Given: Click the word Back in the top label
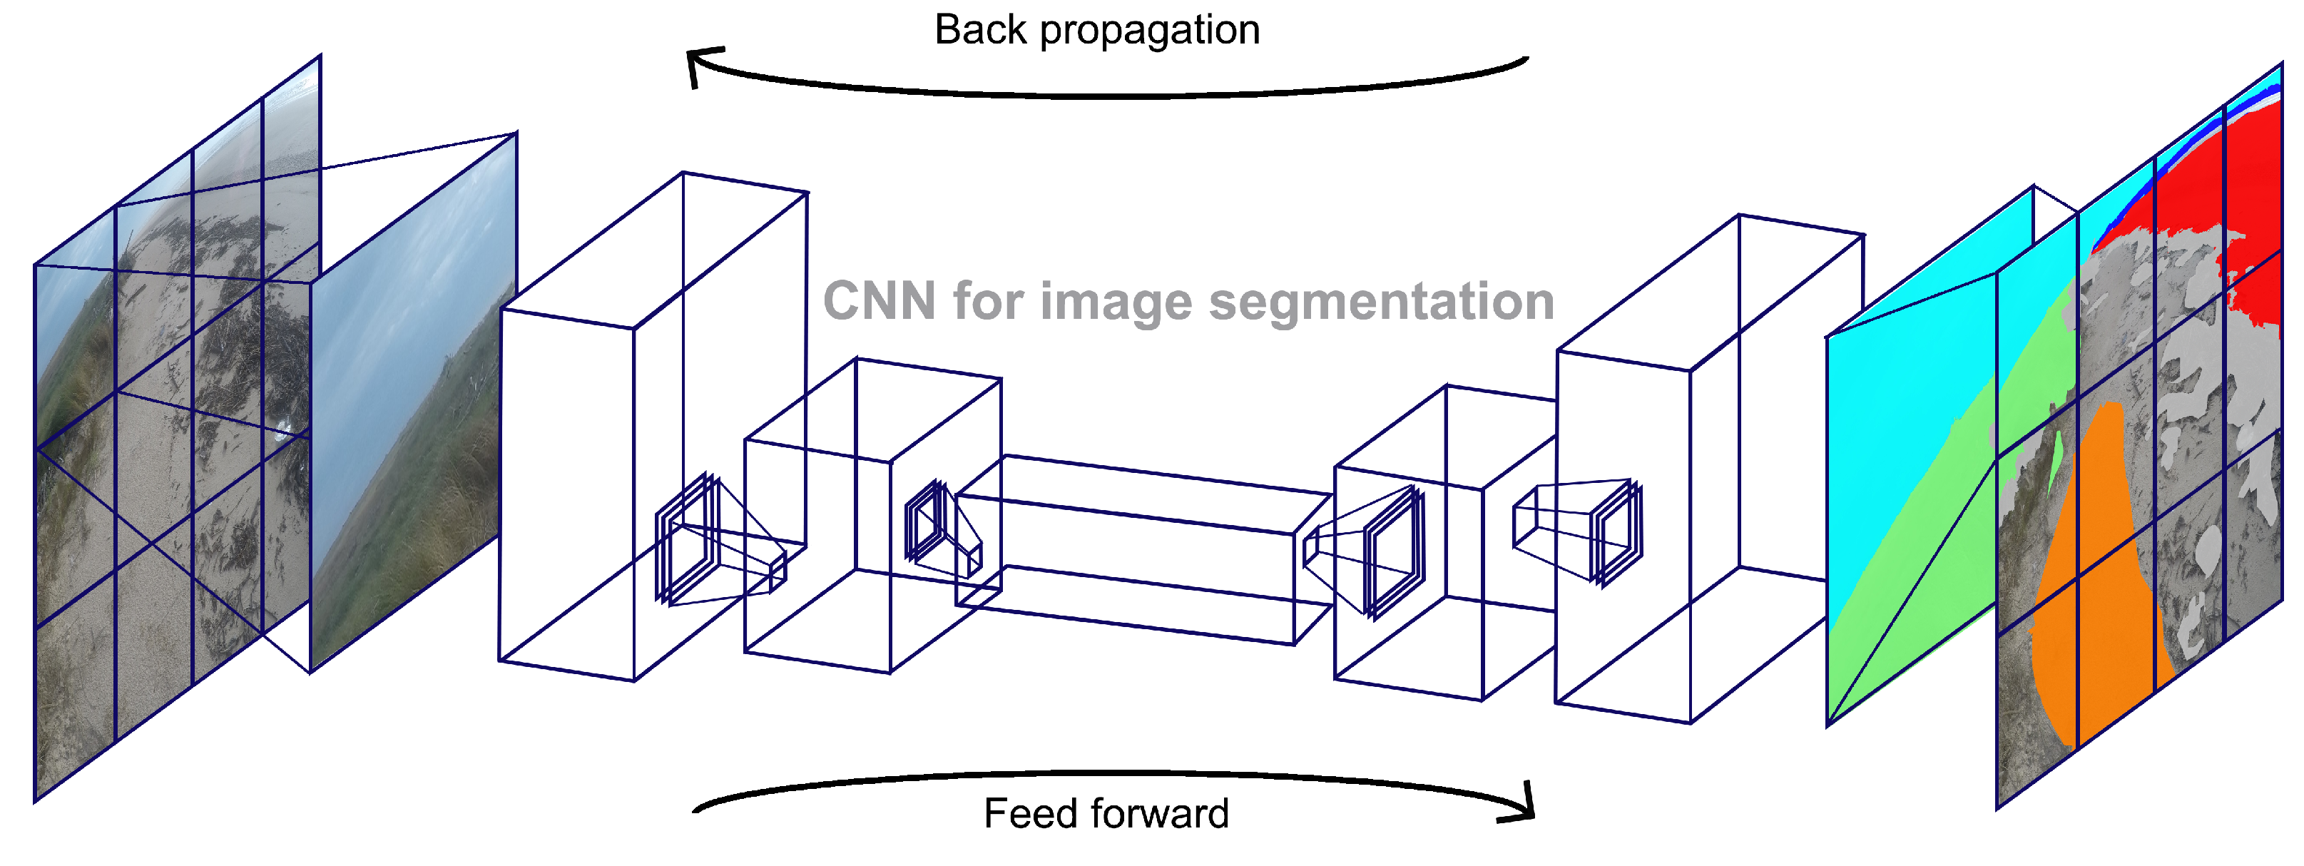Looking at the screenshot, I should pyautogui.click(x=980, y=31).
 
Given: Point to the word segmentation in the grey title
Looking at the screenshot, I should pyautogui.click(x=1381, y=302).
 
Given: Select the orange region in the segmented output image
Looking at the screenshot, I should pyautogui.click(x=2093, y=573).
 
